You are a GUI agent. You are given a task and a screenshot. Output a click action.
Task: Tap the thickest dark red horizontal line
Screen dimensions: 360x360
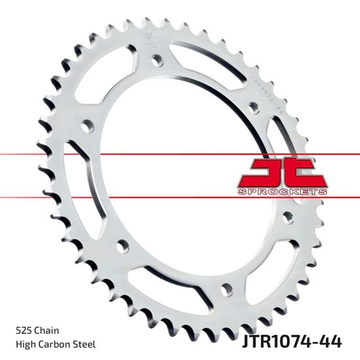coord(180,155)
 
